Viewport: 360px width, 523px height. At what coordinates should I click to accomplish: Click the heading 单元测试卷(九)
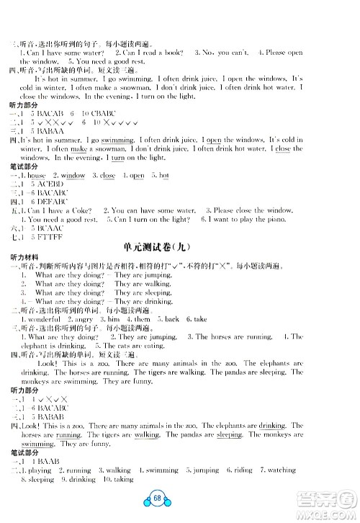(180, 246)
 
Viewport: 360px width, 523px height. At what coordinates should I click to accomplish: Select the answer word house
(37, 175)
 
